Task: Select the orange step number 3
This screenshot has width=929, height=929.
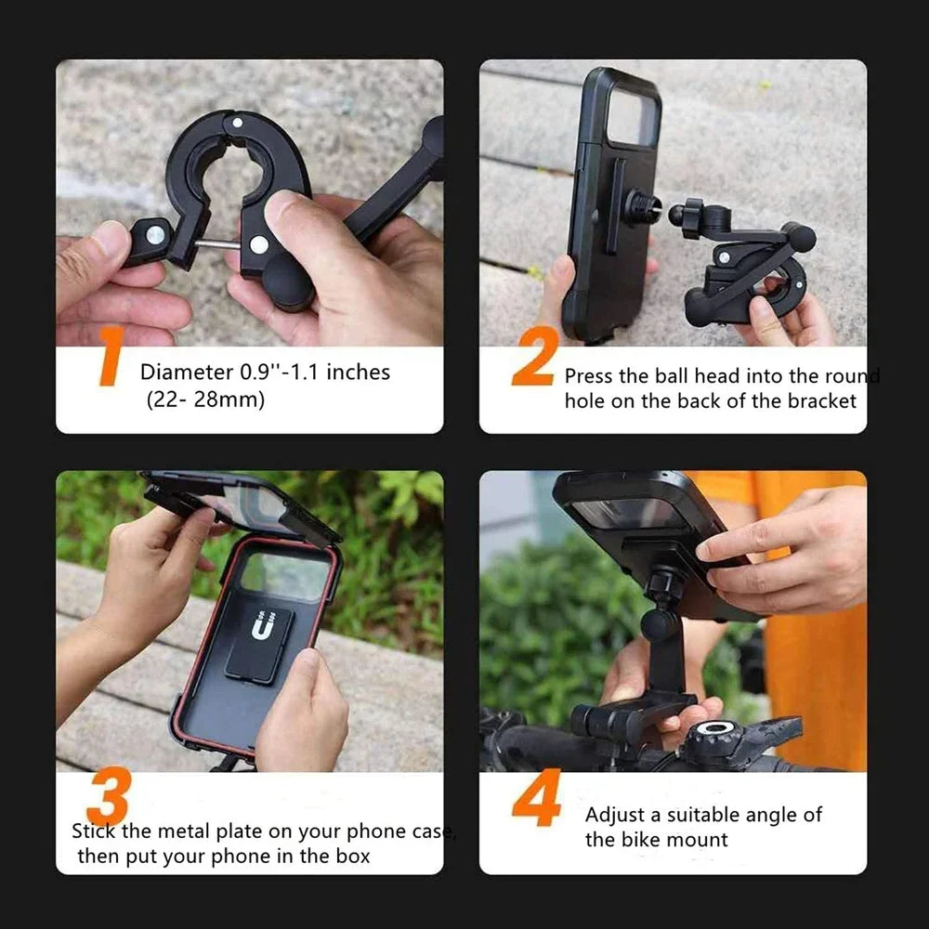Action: click(108, 797)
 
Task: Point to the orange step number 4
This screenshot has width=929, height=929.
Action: click(536, 797)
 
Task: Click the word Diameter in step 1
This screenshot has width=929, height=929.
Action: click(187, 373)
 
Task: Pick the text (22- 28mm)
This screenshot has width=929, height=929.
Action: click(204, 400)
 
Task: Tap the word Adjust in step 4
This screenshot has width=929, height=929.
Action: click(617, 815)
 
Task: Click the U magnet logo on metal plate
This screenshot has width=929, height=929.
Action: click(262, 629)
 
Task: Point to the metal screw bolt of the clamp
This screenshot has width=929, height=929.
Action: click(220, 244)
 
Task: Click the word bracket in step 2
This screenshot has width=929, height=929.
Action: click(822, 400)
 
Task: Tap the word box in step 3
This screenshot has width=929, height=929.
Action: click(349, 856)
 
